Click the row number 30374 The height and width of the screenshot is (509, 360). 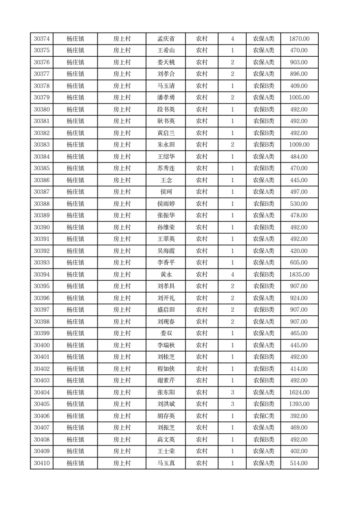[x=42, y=39]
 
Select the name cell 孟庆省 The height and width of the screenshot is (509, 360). [x=165, y=39]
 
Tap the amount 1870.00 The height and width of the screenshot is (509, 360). [x=299, y=39]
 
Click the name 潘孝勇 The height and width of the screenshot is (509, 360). [x=165, y=98]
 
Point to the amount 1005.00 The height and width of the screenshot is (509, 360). [x=299, y=98]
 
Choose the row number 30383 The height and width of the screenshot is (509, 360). [x=42, y=145]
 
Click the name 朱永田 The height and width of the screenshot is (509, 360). [x=165, y=145]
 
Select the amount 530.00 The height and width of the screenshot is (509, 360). [x=299, y=204]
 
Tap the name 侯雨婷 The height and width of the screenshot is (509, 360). [x=165, y=204]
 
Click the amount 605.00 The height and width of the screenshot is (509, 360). [x=299, y=263]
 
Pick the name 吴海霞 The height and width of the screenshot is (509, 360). [x=165, y=251]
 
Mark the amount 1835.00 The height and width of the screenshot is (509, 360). [x=299, y=274]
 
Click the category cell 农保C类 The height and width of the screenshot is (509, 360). [x=263, y=416]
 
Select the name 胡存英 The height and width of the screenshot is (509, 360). [x=165, y=416]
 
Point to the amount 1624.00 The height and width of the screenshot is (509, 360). [x=299, y=392]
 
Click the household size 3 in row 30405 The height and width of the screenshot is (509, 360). [x=233, y=404]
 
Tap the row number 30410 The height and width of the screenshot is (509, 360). [x=42, y=463]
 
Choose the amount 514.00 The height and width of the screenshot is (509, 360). [x=299, y=463]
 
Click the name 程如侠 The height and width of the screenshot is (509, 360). [x=165, y=369]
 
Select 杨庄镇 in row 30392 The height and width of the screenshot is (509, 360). [x=75, y=251]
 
